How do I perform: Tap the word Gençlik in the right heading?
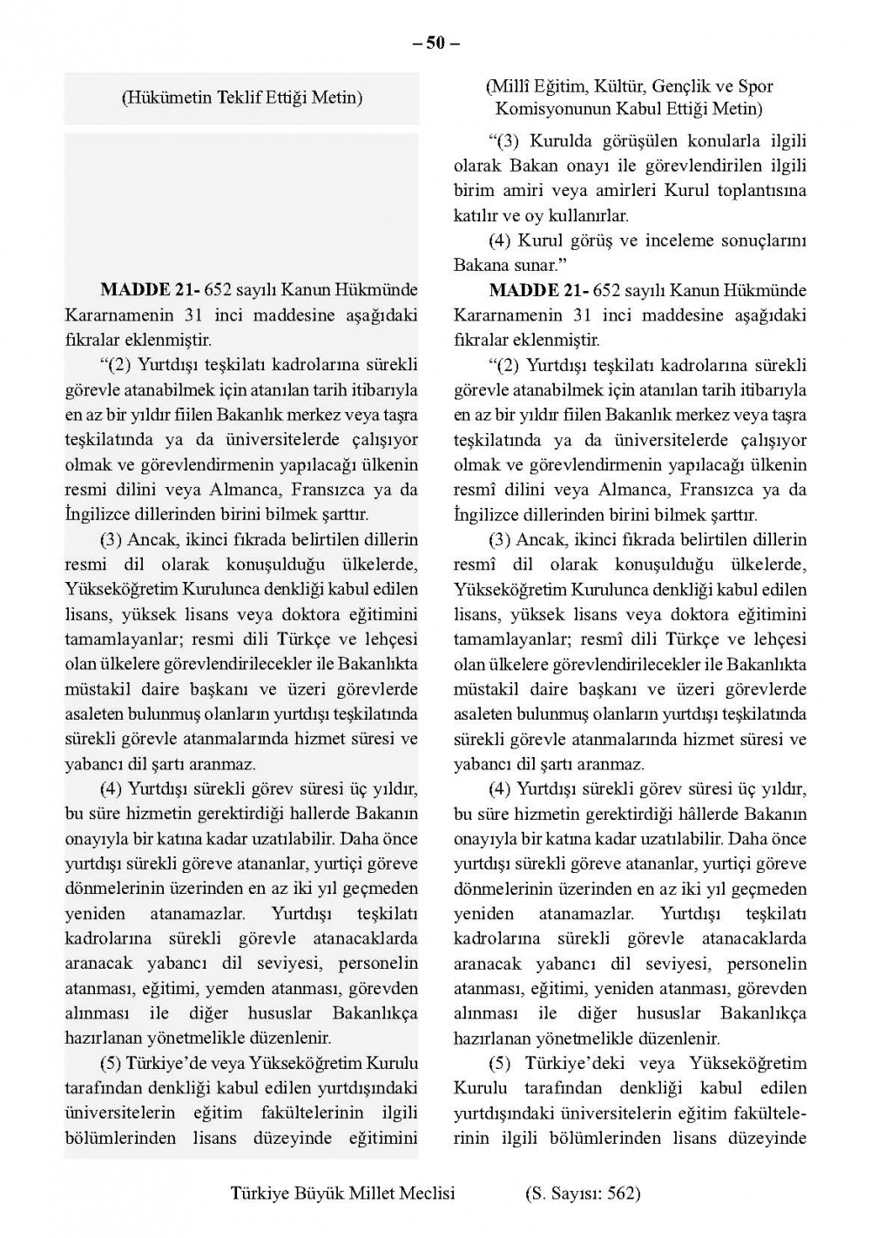click(679, 87)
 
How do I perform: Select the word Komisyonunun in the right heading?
click(547, 109)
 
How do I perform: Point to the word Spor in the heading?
click(756, 87)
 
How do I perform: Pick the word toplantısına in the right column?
click(761, 191)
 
